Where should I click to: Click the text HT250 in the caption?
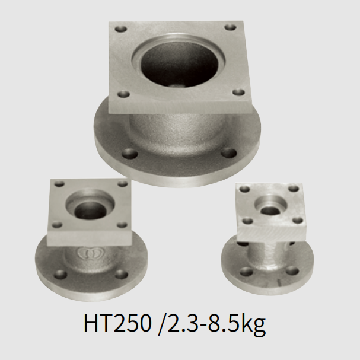click(117, 324)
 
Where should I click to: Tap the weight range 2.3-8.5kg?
click(215, 324)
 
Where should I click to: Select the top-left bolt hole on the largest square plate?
click(121, 30)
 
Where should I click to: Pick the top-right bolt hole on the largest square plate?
click(230, 27)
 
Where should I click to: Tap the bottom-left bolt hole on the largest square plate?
click(124, 94)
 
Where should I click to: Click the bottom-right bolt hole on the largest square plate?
click(238, 93)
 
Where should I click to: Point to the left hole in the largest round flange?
click(130, 154)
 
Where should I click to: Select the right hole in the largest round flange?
click(229, 152)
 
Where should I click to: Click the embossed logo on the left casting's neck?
click(90, 253)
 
